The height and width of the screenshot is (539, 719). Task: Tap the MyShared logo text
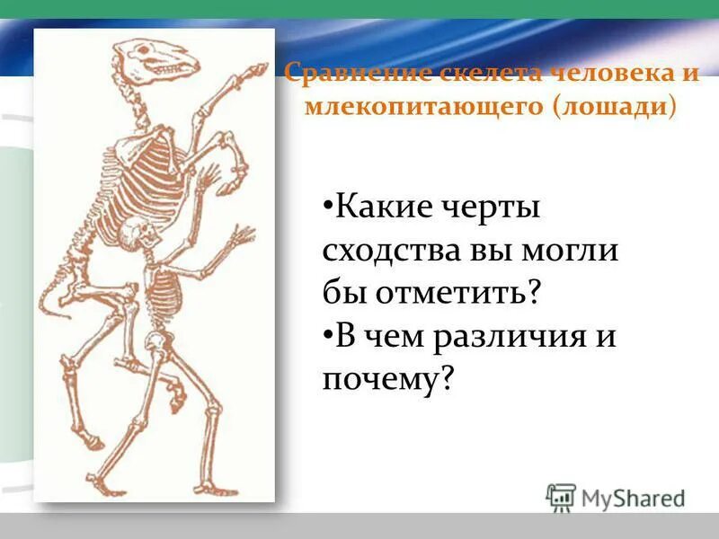coord(632,497)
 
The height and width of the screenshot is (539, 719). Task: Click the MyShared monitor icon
coord(561,497)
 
